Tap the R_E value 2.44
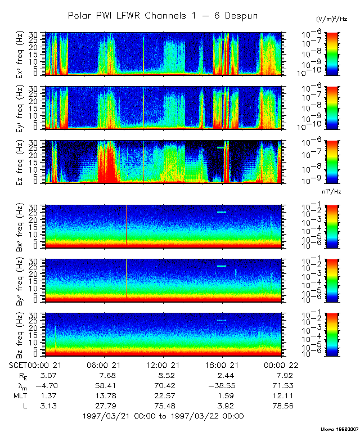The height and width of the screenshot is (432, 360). [226, 375]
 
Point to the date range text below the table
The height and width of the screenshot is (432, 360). [163, 416]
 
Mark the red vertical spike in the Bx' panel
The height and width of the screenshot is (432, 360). [126, 225]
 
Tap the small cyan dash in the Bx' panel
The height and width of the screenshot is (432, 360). [222, 212]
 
